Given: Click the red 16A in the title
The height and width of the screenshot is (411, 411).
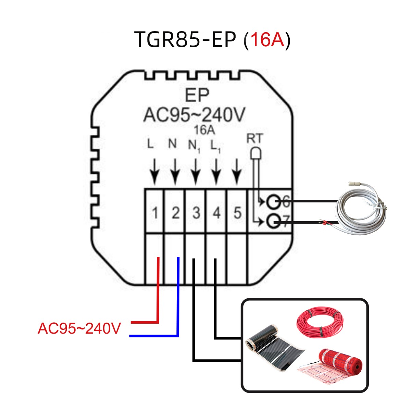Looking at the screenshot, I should tap(267, 40).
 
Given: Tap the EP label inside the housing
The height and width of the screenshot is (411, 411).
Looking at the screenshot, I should tap(197, 96).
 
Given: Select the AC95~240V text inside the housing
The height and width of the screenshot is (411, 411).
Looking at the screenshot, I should tap(194, 115).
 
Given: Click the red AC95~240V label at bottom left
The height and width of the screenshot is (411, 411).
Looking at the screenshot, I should tap(79, 328).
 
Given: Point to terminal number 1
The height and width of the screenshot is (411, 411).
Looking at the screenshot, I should tap(155, 213).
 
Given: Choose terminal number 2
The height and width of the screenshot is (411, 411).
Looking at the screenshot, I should tap(175, 213).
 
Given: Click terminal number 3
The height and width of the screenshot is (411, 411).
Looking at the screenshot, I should tap(196, 213).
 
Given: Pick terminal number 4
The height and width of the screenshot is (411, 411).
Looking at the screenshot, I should tap(216, 213).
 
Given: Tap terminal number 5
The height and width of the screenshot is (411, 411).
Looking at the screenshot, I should tap(237, 213).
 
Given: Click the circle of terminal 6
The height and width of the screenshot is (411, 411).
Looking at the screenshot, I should tap(273, 202).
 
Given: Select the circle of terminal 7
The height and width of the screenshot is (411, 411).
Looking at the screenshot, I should tap(273, 222).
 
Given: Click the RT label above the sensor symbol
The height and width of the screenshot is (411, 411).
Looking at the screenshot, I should tap(254, 139).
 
